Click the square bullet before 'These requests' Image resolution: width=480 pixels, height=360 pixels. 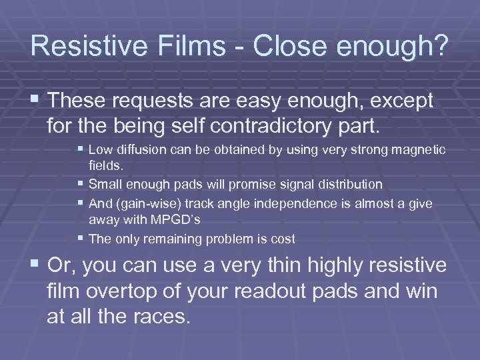coord(35,101)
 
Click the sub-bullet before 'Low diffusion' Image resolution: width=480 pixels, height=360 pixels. coord(80,151)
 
